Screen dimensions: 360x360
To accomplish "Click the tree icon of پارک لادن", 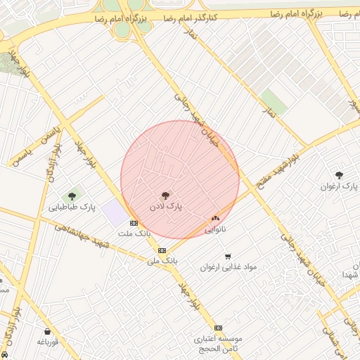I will [165, 195].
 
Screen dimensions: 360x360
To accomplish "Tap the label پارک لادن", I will [166, 208].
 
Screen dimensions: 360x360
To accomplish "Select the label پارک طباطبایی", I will [72, 207].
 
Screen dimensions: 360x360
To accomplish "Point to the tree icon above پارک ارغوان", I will [340, 174].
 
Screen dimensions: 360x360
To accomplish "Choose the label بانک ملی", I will [162, 260].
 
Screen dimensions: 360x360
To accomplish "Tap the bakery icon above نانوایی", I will [215, 219].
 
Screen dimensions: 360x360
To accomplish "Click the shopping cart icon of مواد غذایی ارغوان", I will [227, 256].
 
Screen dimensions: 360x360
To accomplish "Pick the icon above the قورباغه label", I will [47, 332].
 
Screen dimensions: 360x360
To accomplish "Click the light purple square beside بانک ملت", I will [114, 212].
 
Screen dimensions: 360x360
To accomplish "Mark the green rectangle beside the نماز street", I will [274, 103].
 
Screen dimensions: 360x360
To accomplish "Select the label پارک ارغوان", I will [340, 186].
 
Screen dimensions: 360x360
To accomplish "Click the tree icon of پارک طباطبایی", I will [72, 196].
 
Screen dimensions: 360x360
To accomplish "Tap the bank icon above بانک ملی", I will [162, 250].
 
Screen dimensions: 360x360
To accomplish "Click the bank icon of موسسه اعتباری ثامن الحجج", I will [218, 328].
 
